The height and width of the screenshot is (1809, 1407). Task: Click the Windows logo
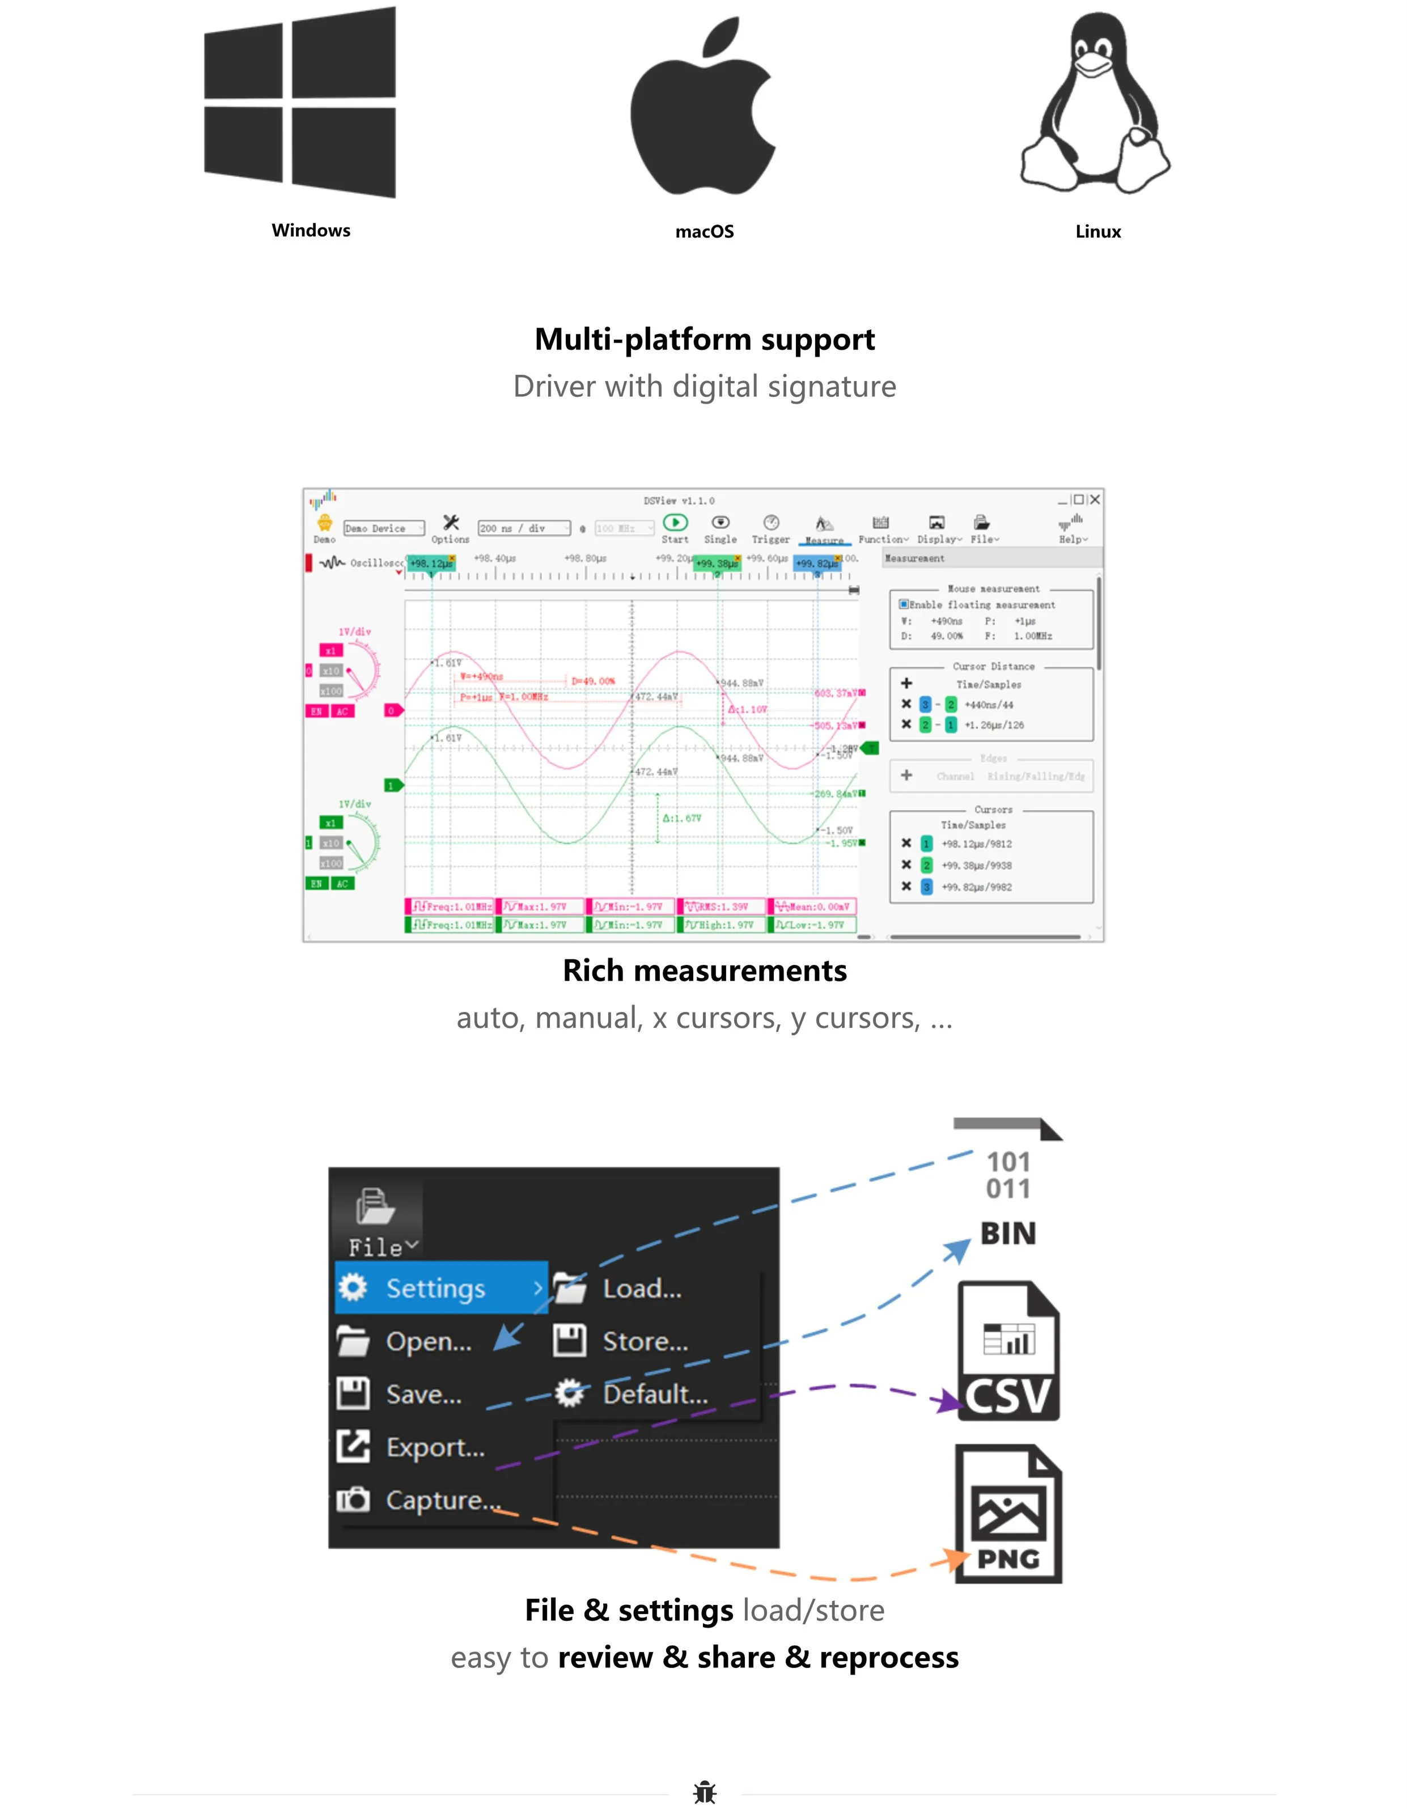pos(300,103)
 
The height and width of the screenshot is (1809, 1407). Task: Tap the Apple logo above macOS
pos(702,108)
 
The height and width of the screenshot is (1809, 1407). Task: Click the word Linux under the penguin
pos(1097,232)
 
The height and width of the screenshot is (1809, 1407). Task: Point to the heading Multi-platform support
pos(704,340)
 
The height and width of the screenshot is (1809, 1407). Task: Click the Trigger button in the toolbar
pos(770,528)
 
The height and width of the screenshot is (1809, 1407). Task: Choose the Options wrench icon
pos(451,523)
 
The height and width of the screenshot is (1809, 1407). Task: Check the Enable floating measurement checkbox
pos(904,605)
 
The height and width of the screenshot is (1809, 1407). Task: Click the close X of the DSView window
pos(1095,499)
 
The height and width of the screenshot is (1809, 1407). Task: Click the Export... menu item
pos(435,1447)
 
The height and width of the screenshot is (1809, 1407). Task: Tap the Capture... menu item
pos(443,1500)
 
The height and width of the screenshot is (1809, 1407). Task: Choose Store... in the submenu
pos(645,1341)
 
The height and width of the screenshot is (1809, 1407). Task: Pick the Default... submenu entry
pos(654,1394)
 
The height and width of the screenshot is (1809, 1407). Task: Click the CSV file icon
pos(1008,1352)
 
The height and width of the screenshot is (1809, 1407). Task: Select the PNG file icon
pos(1008,1514)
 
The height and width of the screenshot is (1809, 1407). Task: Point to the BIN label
pos(1008,1234)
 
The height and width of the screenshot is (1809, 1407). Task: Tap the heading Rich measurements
pos(704,971)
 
